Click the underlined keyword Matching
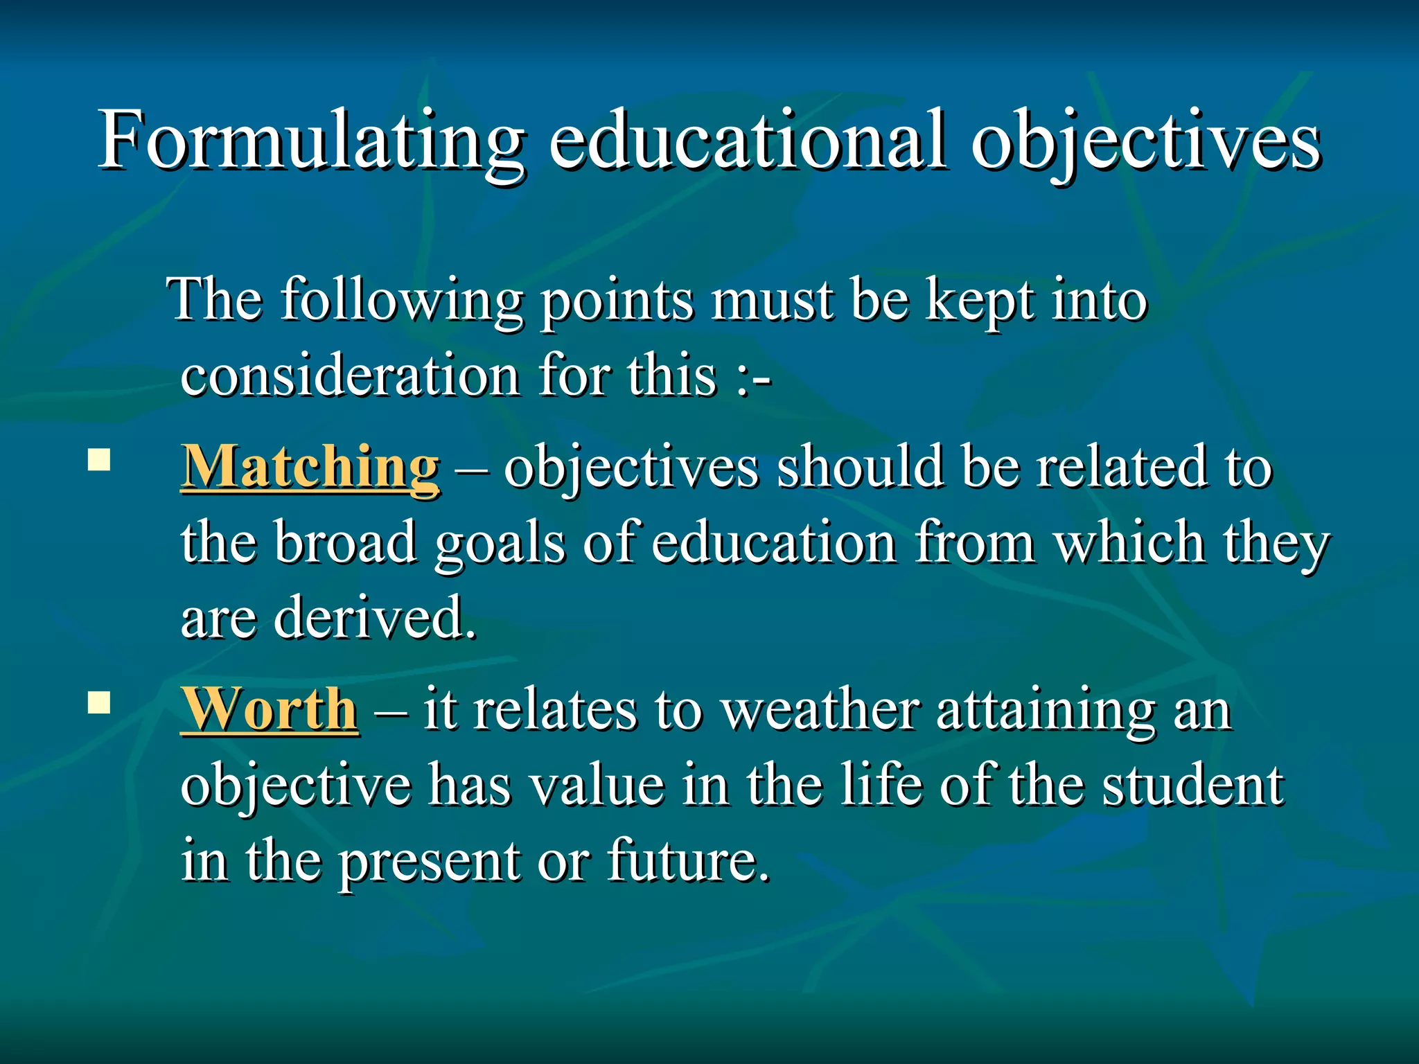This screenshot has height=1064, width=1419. coord(310,468)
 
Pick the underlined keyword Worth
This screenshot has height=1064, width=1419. coord(269,710)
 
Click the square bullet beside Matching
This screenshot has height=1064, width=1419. coord(99,460)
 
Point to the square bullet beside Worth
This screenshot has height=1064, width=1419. coord(99,702)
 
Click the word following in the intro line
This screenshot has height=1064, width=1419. coord(402,302)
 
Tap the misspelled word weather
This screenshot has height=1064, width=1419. coord(820,711)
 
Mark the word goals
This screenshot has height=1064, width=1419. coord(500,544)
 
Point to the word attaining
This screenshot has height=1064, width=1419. coord(1046,711)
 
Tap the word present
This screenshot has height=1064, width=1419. coord(430,862)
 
